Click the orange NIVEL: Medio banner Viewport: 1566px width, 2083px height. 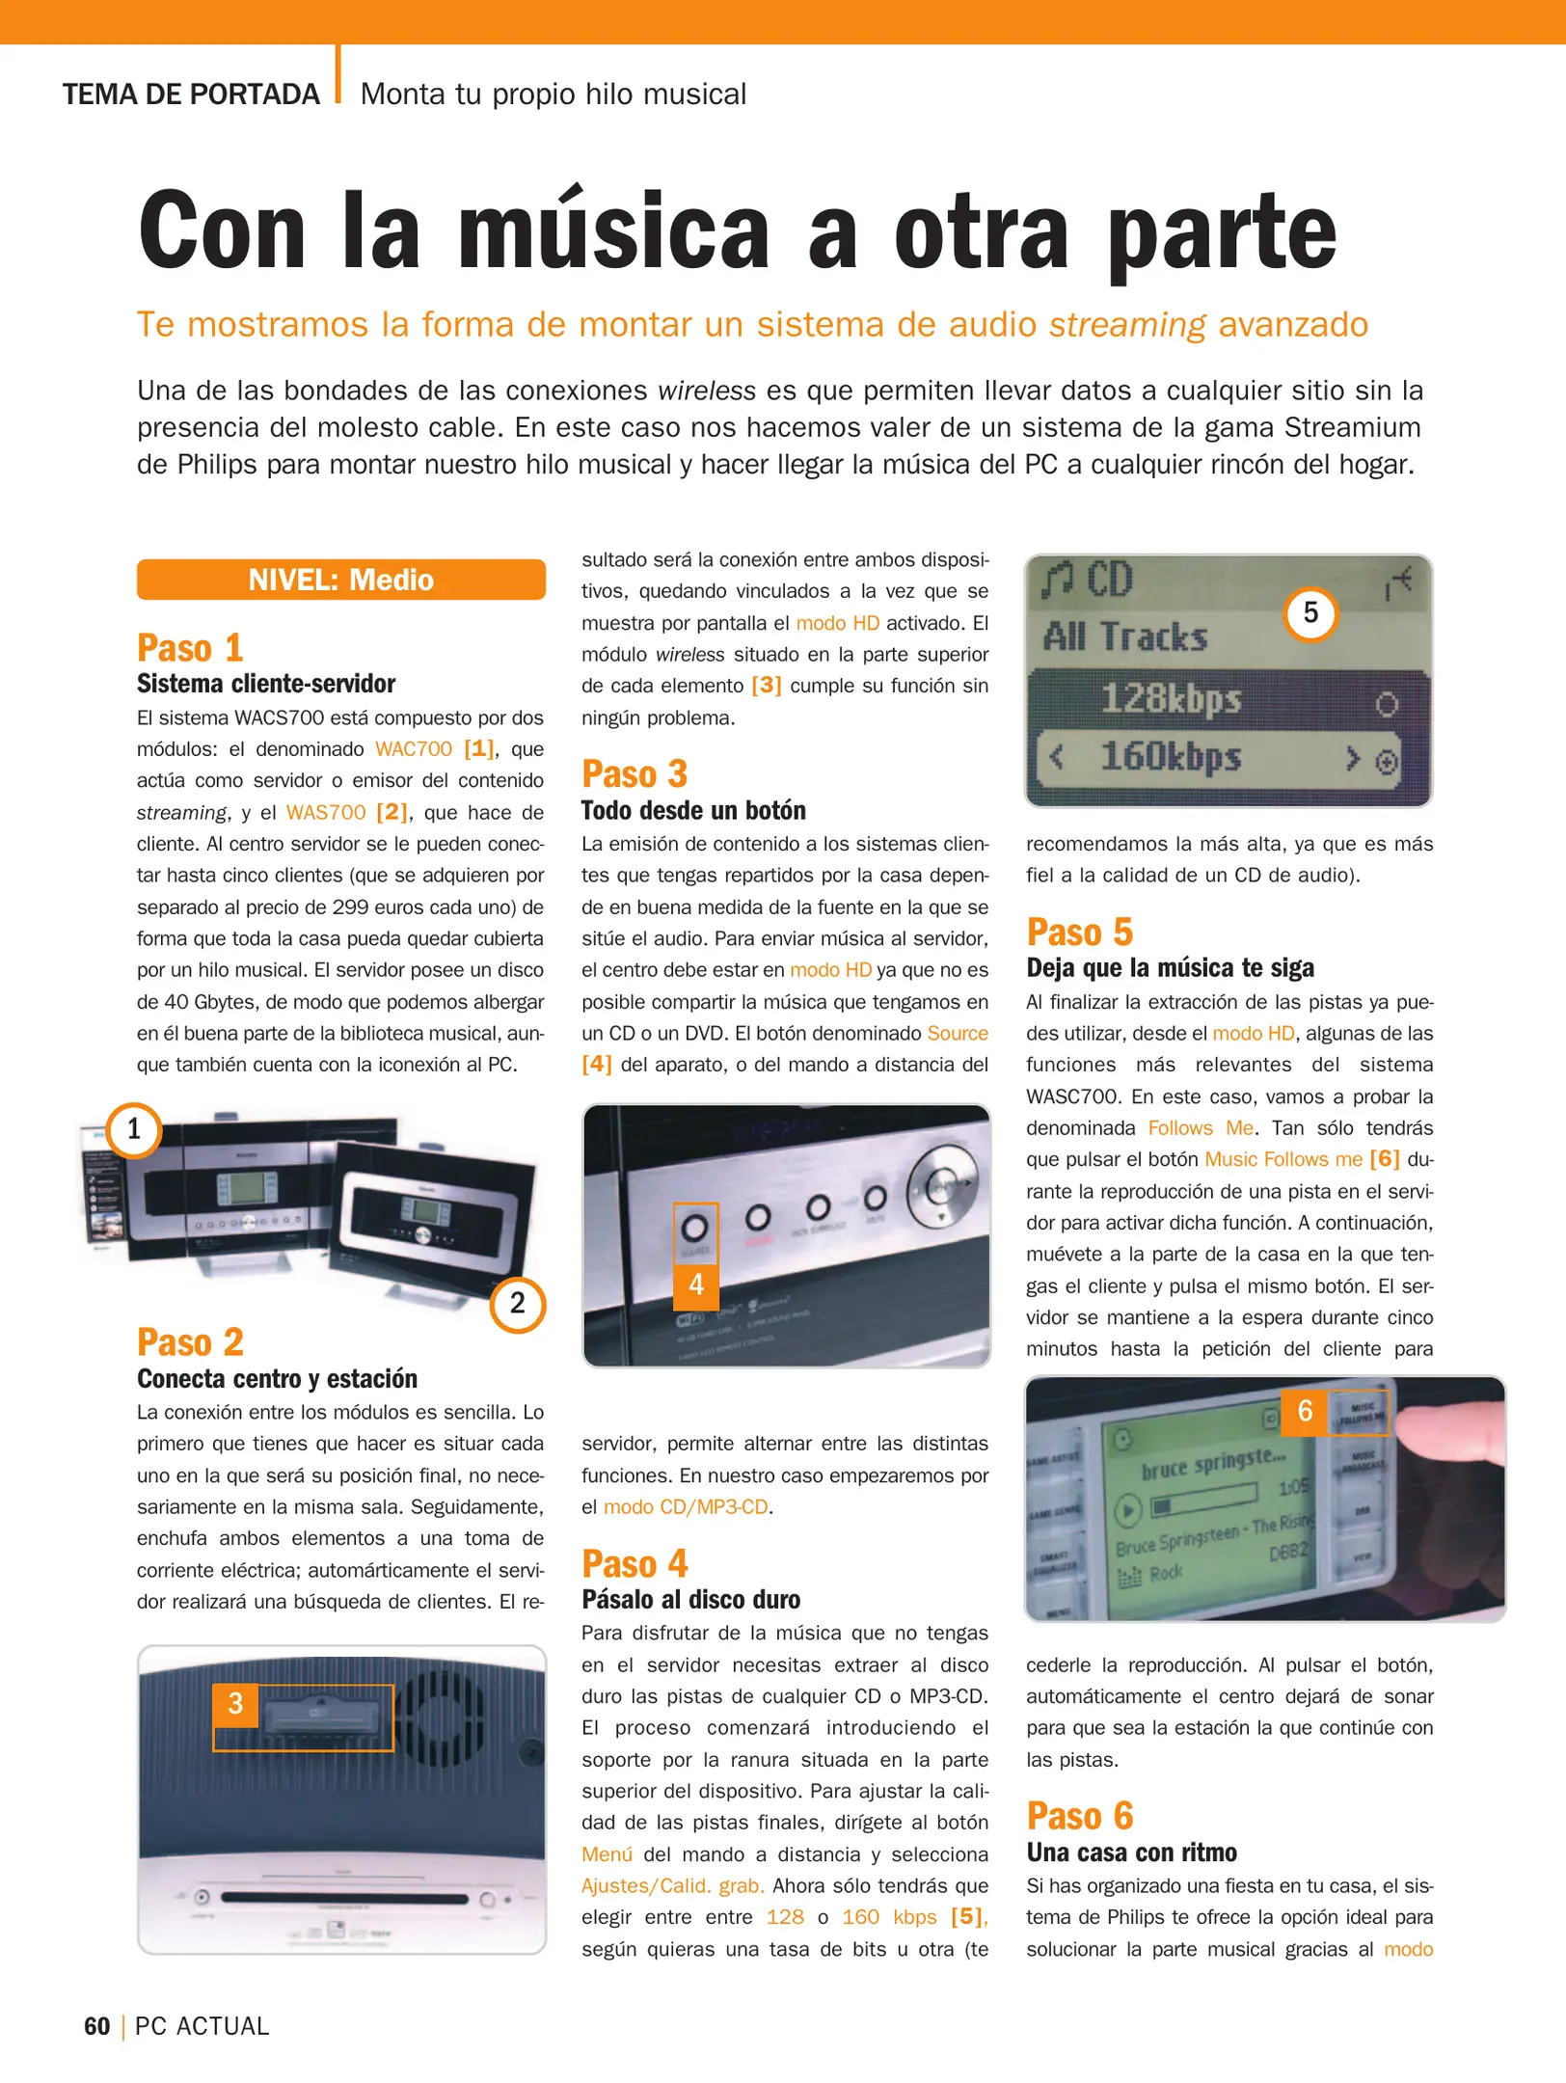[x=340, y=580]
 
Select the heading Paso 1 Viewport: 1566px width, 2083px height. [x=190, y=648]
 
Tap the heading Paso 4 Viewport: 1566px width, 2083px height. [x=634, y=1563]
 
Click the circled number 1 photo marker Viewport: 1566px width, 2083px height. [x=133, y=1129]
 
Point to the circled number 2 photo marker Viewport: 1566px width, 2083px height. [x=518, y=1304]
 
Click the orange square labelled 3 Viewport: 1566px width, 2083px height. [x=235, y=1704]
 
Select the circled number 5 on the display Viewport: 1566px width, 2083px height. [x=1310, y=613]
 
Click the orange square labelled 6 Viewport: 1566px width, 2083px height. [x=1305, y=1412]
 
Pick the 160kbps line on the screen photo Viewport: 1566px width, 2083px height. [x=1171, y=758]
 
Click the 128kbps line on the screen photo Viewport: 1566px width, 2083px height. [x=1171, y=698]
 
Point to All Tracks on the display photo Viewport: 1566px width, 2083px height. [x=1125, y=637]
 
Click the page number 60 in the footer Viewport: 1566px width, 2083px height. [x=96, y=2026]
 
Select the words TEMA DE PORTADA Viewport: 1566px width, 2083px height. [x=191, y=95]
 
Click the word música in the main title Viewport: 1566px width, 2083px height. [x=613, y=231]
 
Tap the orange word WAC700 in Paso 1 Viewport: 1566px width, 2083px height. [x=413, y=749]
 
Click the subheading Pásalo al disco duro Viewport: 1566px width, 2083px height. [x=690, y=1600]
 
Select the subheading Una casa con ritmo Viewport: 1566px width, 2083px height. [x=1131, y=1853]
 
